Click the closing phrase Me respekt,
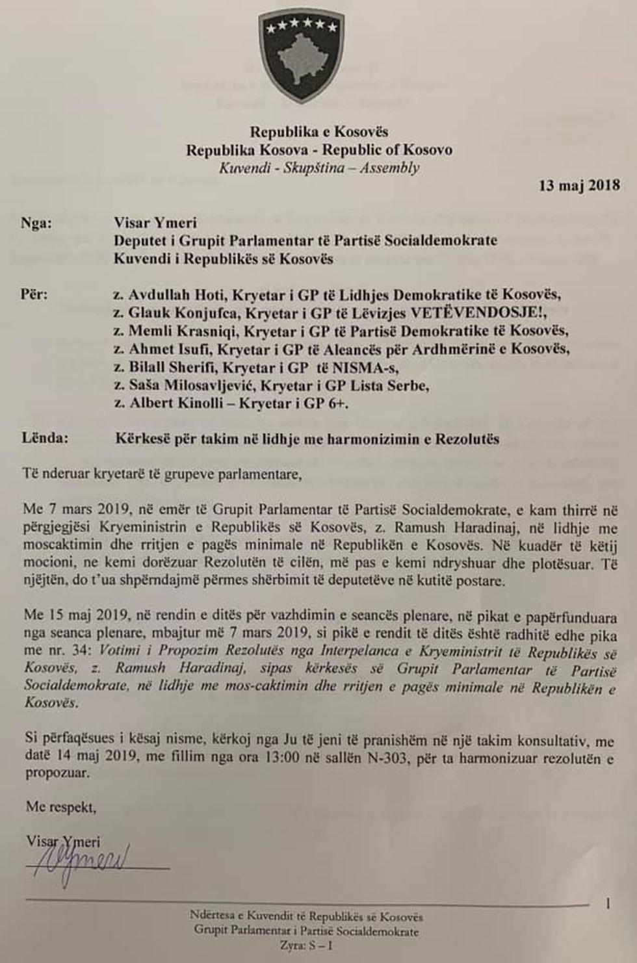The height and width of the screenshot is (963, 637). pos(60,807)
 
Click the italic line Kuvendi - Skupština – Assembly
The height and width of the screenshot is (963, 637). pos(318,168)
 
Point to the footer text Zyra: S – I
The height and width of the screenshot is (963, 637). pos(305,945)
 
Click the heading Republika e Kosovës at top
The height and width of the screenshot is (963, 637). pos(318,132)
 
